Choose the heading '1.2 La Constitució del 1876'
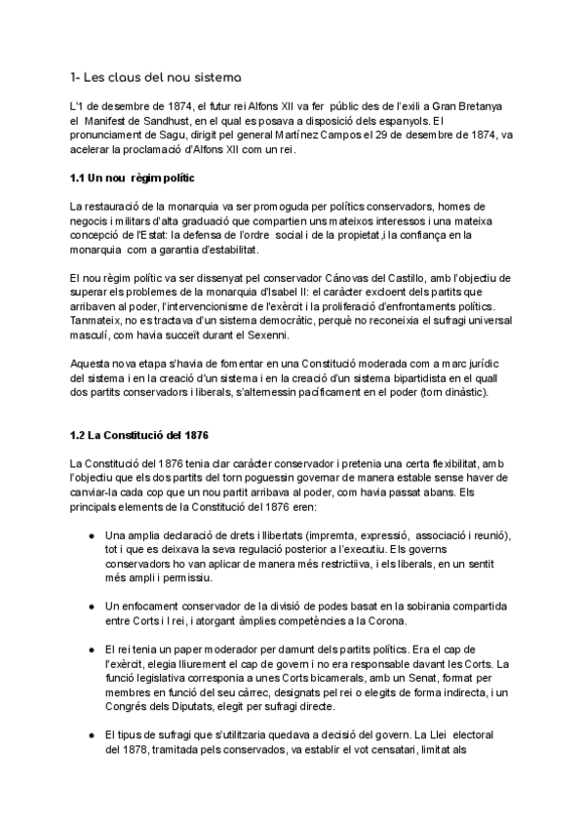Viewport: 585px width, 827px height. [139, 434]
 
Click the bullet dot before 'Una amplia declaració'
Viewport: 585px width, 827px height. [91, 536]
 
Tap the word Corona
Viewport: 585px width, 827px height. [380, 621]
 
